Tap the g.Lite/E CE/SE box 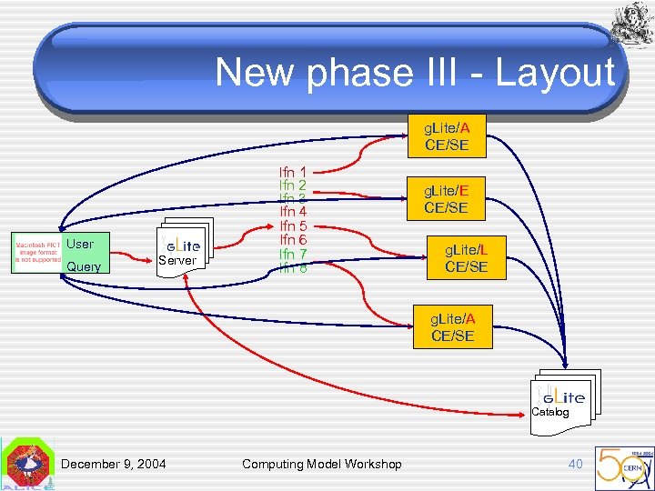(x=445, y=198)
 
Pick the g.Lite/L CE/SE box (x=466, y=257)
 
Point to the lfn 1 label (x=292, y=171)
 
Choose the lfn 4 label (x=292, y=212)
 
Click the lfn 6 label (x=292, y=239)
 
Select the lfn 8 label (x=292, y=268)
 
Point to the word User (x=80, y=244)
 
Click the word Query (x=84, y=267)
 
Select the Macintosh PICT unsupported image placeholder (x=37, y=252)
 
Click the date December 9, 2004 (x=114, y=465)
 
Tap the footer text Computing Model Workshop (x=321, y=465)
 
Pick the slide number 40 (x=575, y=465)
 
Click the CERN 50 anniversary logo (x=622, y=466)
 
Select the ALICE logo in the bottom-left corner (x=27, y=466)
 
